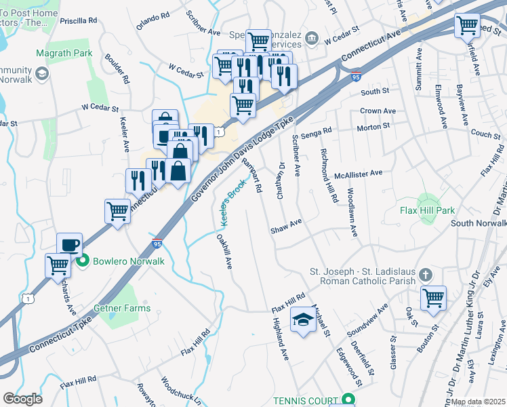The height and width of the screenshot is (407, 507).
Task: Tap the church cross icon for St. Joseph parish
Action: coord(425,275)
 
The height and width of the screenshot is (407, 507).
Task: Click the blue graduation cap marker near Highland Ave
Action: coord(303,320)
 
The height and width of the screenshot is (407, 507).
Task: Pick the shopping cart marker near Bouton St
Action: coord(433,298)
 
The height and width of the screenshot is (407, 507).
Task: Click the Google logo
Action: coord(22,399)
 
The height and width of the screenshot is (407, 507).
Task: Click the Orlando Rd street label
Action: coord(153,21)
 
